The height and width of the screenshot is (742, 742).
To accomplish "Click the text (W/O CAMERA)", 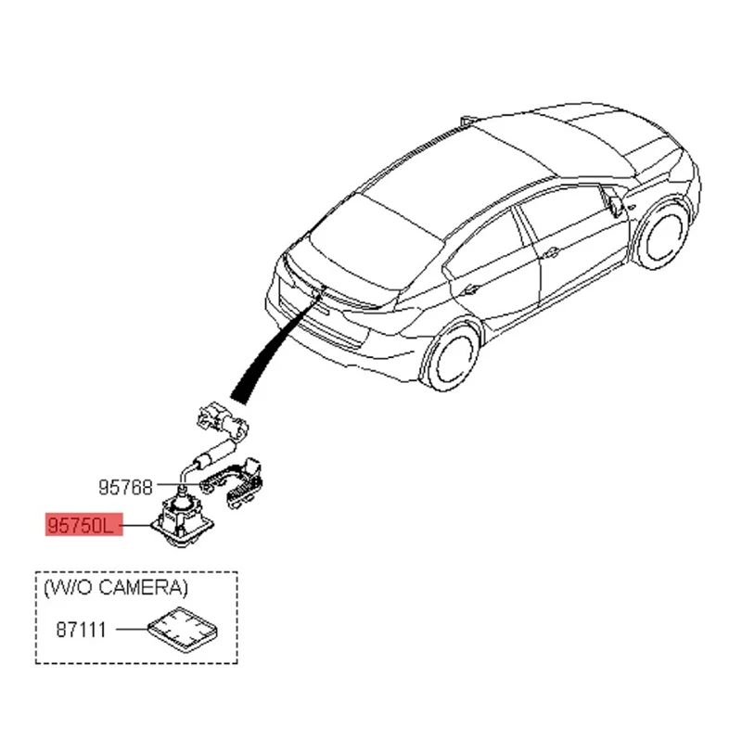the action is [114, 587].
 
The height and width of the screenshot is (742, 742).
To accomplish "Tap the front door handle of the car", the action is [552, 251].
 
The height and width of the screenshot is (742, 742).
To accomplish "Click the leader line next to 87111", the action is [127, 631].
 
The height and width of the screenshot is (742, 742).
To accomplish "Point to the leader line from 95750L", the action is [134, 526].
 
